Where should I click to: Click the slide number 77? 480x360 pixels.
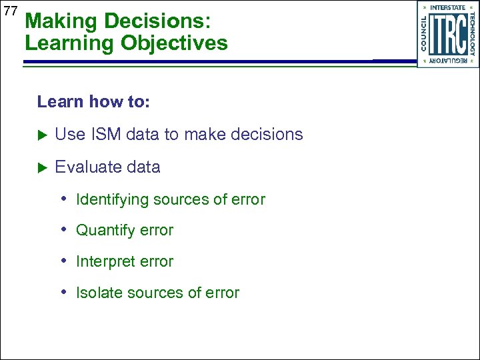[10, 11]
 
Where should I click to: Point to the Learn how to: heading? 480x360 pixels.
[93, 102]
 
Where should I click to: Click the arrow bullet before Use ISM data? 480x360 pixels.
[42, 135]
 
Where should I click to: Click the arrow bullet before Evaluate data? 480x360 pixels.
[42, 167]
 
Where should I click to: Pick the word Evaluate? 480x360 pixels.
[85, 167]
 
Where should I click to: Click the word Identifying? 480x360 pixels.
[112, 199]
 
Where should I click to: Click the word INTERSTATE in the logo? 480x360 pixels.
[448, 7]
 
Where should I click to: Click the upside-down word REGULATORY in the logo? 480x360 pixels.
[448, 61]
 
